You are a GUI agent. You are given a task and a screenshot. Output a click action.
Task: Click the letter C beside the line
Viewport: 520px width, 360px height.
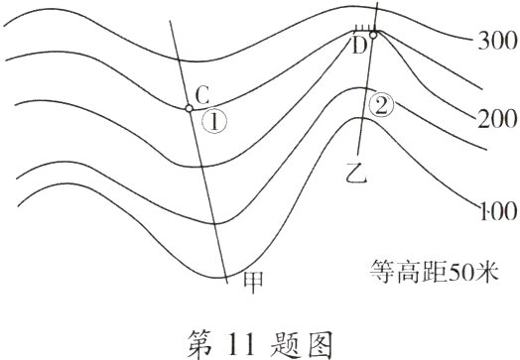point(201,94)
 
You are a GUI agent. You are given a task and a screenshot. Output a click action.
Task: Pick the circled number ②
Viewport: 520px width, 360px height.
point(379,105)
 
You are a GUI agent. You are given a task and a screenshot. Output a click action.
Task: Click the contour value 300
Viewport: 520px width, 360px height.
point(493,42)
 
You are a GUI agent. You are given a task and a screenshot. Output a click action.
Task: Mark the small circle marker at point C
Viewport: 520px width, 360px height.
point(189,108)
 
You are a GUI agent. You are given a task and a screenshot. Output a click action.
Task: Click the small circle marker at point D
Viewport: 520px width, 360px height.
point(373,35)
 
